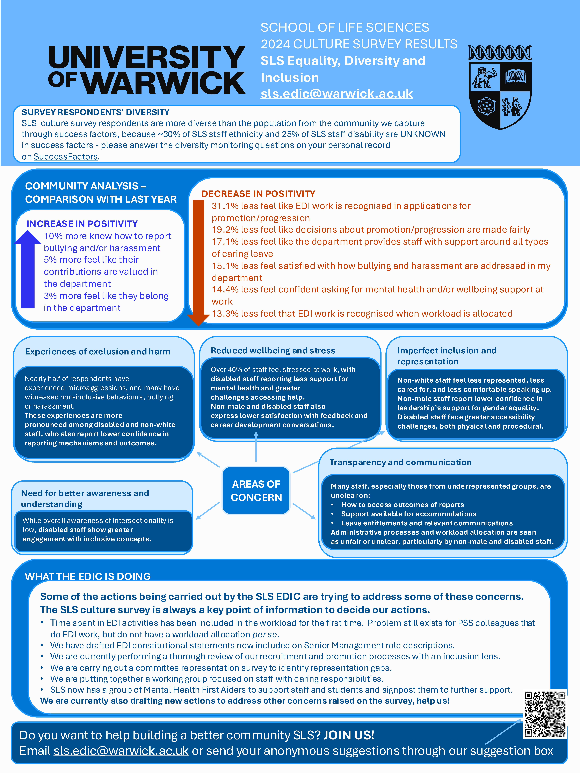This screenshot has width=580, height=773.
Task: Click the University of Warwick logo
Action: coord(147,70)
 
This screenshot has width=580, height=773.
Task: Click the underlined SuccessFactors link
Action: coord(65,157)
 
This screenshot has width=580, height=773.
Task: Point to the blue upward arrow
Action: coord(28,269)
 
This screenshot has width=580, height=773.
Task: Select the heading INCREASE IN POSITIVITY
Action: coord(82,224)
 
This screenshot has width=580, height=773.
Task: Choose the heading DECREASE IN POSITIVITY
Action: coord(258,194)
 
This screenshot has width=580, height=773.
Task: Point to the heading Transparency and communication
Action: coord(400,462)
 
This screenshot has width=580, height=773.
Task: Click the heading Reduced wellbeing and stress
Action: coord(273,351)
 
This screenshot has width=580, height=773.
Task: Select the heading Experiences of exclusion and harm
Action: coord(97,352)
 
